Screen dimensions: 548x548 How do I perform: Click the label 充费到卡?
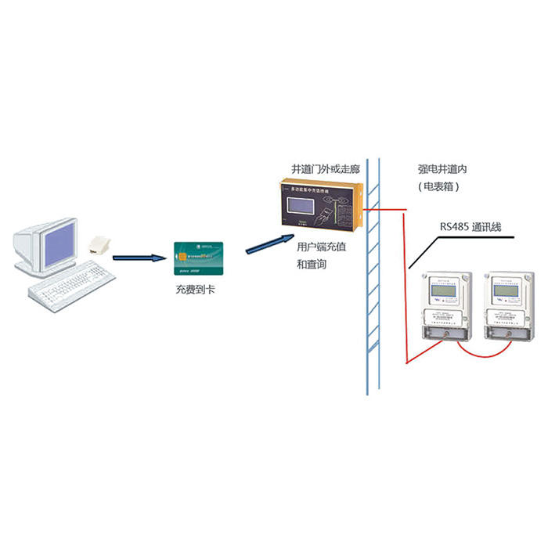[x=198, y=290]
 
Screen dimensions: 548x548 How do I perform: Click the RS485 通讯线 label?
[x=470, y=227]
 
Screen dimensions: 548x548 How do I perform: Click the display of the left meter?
[x=445, y=290]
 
